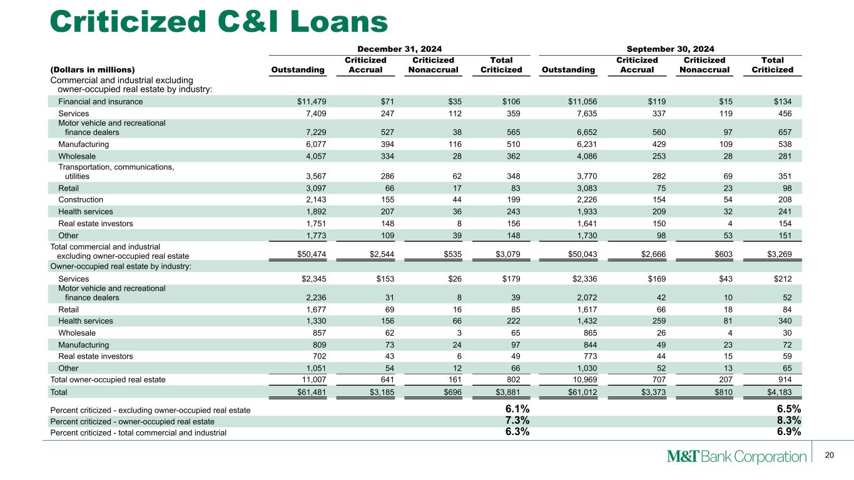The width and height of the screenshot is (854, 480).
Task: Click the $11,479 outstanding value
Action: pyautogui.click(x=310, y=102)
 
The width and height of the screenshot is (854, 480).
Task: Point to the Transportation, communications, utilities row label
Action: pyautogui.click(x=116, y=171)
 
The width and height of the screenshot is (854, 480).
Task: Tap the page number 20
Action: pyautogui.click(x=830, y=455)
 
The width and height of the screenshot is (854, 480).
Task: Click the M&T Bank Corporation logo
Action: pyautogui.click(x=736, y=456)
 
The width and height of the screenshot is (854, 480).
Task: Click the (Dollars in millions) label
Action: pyautogui.click(x=93, y=70)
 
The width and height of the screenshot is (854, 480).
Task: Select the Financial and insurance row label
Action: pyautogui.click(x=100, y=102)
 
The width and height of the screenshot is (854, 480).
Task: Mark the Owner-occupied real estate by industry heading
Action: pyautogui.click(x=120, y=267)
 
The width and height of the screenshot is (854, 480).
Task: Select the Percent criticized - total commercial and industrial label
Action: pyautogui.click(x=138, y=432)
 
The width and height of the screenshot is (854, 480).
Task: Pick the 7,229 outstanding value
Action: pyautogui.click(x=313, y=132)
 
